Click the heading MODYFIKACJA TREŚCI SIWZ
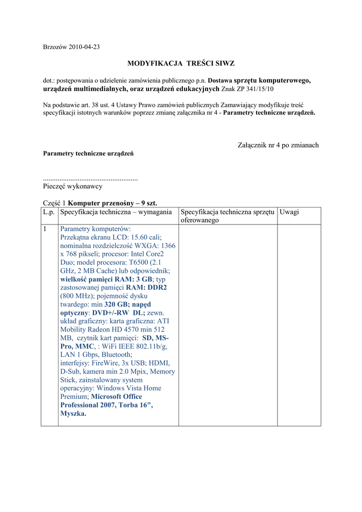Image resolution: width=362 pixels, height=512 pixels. tap(181, 63)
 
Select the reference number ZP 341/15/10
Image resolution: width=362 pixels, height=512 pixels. tap(255, 88)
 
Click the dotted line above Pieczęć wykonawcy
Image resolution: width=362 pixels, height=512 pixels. tap(90, 178)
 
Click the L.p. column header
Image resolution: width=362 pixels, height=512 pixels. tap(49, 212)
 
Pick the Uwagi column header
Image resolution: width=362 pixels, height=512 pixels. tap(289, 212)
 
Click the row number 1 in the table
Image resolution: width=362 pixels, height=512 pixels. tap(45, 228)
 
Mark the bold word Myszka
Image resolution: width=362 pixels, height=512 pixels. tap(73, 413)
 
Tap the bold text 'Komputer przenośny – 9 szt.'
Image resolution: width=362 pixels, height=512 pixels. tap(112, 203)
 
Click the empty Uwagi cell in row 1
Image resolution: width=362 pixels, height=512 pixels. tap(298, 325)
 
